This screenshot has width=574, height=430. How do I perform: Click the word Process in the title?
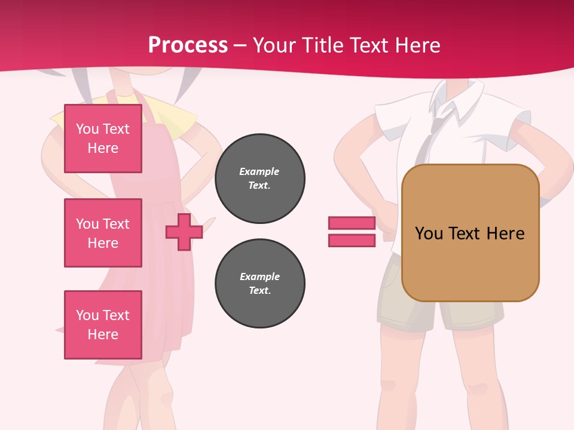pos(188,45)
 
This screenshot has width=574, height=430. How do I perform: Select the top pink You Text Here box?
pos(103,139)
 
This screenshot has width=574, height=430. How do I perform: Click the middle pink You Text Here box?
pos(103,233)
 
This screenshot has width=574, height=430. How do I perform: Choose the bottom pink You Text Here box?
pos(103,325)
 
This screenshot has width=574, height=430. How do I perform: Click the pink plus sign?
pos(184,232)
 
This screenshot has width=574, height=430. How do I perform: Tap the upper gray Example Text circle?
pos(259,179)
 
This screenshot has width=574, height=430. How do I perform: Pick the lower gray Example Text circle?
pos(259,284)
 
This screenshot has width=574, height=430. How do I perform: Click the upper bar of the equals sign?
pos(352,223)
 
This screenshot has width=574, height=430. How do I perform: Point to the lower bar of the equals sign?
pos(352,240)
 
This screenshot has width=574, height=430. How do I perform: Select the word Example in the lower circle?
pos(259,277)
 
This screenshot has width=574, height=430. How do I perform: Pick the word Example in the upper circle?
pos(259,171)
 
